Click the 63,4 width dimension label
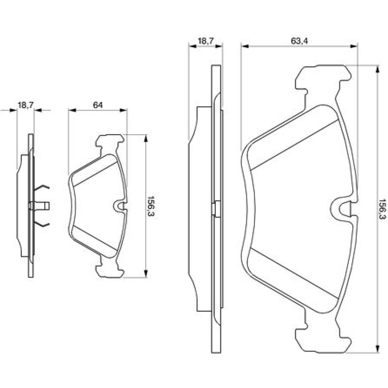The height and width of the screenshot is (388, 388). tap(299, 41)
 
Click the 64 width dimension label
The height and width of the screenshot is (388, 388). tap(97, 105)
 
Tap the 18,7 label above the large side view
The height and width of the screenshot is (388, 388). tap(206, 41)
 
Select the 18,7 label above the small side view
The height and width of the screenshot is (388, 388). tap(26, 105)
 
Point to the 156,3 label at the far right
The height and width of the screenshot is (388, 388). tap(383, 209)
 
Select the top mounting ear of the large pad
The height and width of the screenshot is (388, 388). tap(323, 79)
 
